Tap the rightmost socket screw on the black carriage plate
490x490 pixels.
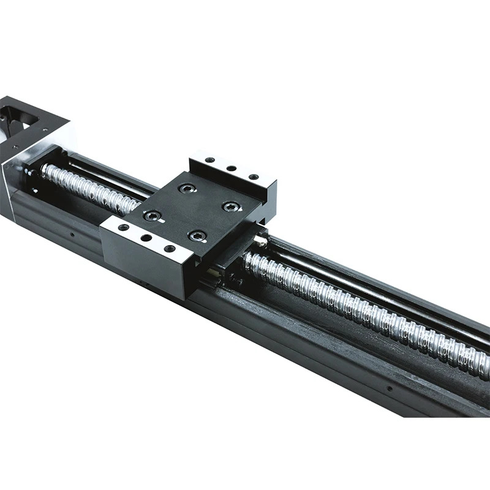231,206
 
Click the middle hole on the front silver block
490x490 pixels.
146,238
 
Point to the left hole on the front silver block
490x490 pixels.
124,227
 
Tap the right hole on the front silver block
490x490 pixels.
169,248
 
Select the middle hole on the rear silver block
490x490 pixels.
232,168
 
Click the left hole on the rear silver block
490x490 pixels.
210,160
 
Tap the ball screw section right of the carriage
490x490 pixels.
367,312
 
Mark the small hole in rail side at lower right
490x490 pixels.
389,388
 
